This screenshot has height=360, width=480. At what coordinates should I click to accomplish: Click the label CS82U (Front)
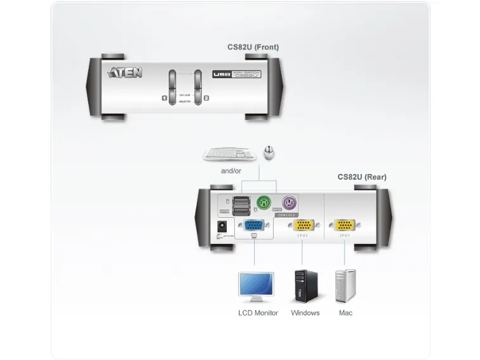point(253,47)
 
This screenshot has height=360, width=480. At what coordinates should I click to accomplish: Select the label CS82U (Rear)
point(361,177)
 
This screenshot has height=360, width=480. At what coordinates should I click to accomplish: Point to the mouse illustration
point(269,152)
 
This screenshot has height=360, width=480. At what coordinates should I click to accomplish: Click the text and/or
point(231,171)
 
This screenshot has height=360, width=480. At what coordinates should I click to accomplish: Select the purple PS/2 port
point(290,203)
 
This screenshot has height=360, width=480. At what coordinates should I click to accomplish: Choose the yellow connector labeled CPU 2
point(303,225)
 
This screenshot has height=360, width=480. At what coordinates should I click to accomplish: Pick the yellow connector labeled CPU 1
point(345,225)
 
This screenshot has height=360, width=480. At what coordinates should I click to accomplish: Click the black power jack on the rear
point(223,226)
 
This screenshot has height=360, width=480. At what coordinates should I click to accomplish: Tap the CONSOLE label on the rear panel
point(286,215)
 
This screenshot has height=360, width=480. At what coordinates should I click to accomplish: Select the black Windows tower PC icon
point(305,286)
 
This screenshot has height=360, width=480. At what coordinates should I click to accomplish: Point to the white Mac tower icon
point(345,286)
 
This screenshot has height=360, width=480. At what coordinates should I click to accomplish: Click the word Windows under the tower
point(305,313)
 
